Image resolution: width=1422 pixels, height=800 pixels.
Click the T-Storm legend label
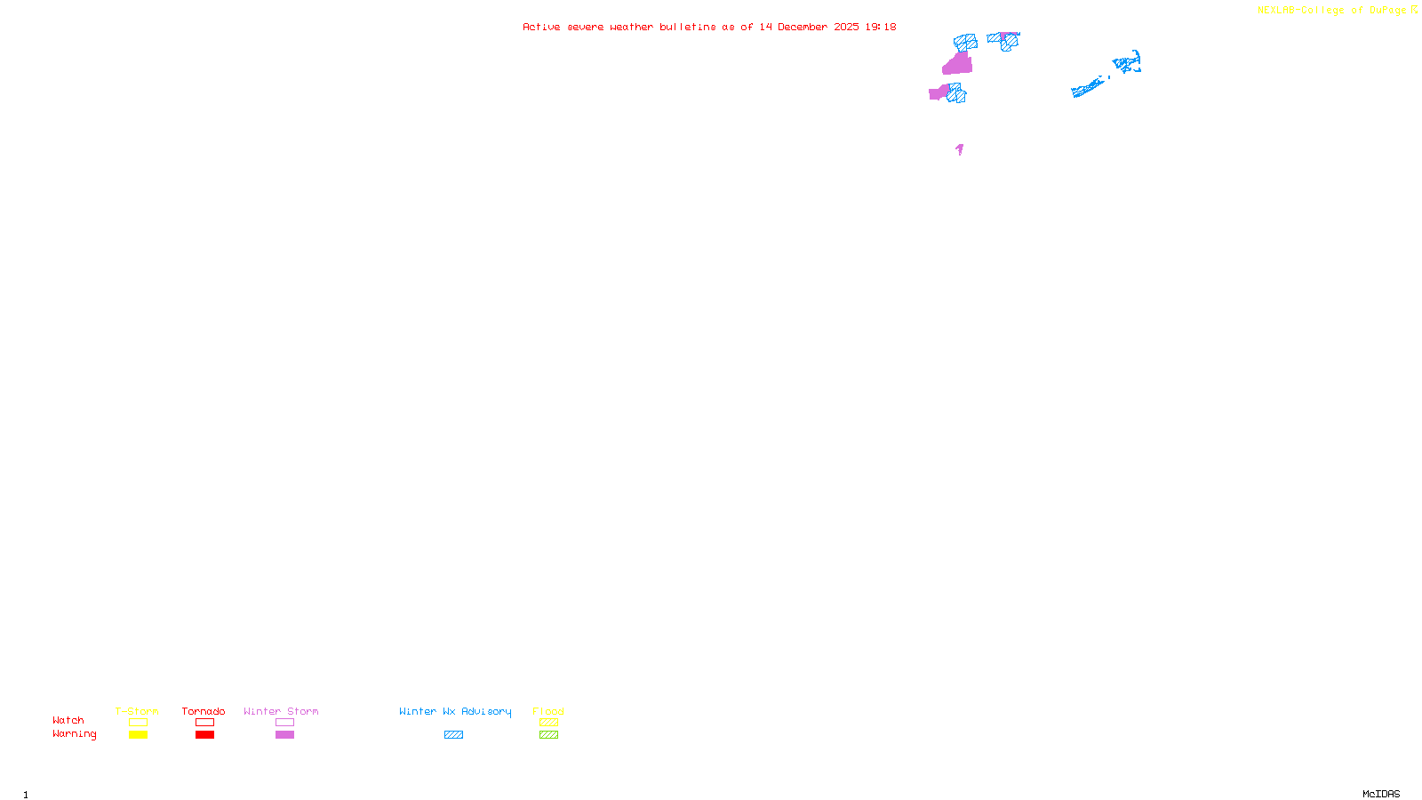[137, 711]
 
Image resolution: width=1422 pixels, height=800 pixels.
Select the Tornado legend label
[204, 711]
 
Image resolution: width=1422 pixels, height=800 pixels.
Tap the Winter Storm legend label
[281, 711]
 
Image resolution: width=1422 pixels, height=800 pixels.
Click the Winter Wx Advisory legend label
[455, 711]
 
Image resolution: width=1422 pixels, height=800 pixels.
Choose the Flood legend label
[548, 711]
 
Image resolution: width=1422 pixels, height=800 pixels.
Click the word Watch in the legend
[68, 720]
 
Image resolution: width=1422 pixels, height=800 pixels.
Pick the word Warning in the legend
[74, 734]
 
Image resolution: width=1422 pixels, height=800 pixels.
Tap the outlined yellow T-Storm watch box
[138, 723]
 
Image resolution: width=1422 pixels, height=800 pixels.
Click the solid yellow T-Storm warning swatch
[138, 735]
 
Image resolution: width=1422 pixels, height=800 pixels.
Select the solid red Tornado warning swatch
[205, 735]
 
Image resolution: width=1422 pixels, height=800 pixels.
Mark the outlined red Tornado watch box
[205, 723]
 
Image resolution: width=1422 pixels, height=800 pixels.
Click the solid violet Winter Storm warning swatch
[284, 735]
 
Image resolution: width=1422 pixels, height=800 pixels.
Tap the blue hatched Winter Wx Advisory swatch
[453, 735]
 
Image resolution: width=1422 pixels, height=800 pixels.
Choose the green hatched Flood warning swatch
[548, 735]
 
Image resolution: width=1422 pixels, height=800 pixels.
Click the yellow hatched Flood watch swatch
[548, 723]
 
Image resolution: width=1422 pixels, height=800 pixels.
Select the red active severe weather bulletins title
[709, 28]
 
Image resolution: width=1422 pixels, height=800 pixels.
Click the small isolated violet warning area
[960, 149]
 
